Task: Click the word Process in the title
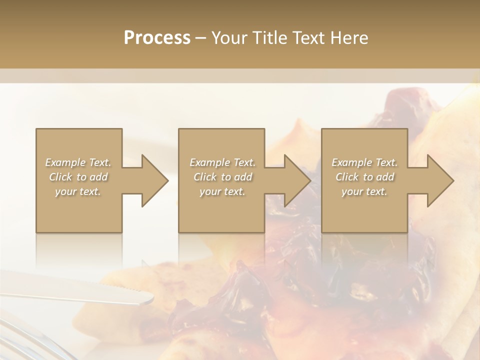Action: pyautogui.click(x=157, y=38)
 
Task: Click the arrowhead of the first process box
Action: pyautogui.click(x=155, y=180)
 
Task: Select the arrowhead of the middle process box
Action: pyautogui.click(x=297, y=180)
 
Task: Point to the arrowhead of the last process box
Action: pyautogui.click(x=440, y=180)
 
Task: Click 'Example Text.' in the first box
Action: pyautogui.click(x=78, y=162)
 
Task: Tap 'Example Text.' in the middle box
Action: pyautogui.click(x=222, y=162)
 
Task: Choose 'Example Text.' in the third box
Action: pyautogui.click(x=364, y=162)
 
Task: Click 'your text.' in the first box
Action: pyautogui.click(x=78, y=191)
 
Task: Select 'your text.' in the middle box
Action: pyautogui.click(x=222, y=191)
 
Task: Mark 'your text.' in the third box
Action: pyautogui.click(x=364, y=191)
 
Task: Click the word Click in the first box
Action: pyautogui.click(x=60, y=177)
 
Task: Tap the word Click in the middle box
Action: pyautogui.click(x=205, y=177)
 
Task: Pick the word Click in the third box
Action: pyautogui.click(x=347, y=177)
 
